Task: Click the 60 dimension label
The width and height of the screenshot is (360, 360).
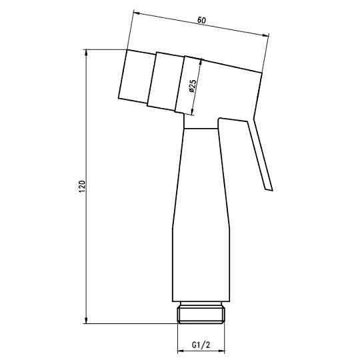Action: (201, 20)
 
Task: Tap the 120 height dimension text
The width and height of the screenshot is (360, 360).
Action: (82, 187)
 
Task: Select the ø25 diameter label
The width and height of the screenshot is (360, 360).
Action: (192, 86)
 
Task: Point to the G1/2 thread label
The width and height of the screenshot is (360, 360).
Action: (201, 345)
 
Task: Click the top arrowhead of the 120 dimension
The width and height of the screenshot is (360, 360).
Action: (86, 53)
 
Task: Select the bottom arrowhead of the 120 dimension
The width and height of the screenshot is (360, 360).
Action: (86, 321)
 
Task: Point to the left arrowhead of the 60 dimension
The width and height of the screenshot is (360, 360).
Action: (137, 13)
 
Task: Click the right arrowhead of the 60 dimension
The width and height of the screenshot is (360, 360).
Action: (265, 35)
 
